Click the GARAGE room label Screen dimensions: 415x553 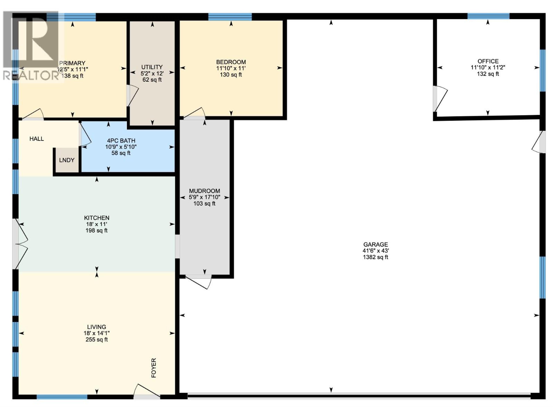375,244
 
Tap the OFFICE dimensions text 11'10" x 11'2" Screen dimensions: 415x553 488,68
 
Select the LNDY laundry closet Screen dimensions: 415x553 67,160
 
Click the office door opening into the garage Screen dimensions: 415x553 440,99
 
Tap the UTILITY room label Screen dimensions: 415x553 152,67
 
